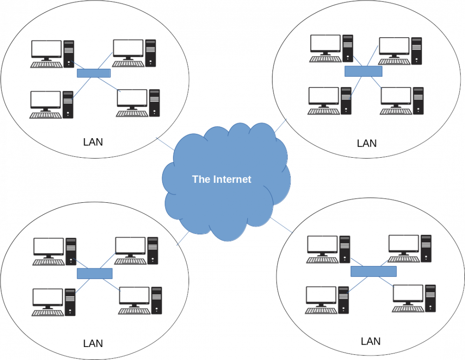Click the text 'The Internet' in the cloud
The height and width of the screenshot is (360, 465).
coord(222,179)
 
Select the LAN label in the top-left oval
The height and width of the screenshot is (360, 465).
coord(93,142)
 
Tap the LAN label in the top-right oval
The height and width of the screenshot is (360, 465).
coord(366,143)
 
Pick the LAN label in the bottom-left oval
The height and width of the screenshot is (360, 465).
coord(93,344)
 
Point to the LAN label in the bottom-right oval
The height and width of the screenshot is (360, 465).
coord(371,341)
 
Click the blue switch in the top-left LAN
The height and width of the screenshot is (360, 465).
coord(93,73)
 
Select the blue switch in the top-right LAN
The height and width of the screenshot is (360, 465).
coord(363,71)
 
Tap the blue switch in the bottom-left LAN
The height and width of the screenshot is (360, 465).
coord(95,273)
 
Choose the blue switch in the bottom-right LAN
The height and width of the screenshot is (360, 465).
coord(373,271)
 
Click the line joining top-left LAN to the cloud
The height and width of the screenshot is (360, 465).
coord(166,143)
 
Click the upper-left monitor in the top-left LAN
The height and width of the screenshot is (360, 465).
coord(46,49)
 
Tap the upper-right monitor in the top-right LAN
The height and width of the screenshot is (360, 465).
coord(394,46)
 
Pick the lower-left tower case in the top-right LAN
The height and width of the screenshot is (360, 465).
coord(346,100)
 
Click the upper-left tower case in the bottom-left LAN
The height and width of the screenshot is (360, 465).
coord(71,251)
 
